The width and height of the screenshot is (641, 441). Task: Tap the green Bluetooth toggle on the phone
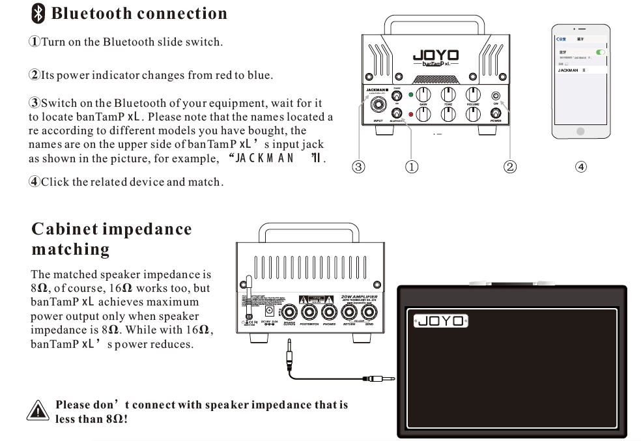pos(600,52)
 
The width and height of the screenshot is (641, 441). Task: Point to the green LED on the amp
pos(410,94)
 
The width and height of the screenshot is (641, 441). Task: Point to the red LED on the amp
pos(410,115)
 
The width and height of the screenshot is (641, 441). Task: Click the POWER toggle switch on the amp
pos(495,113)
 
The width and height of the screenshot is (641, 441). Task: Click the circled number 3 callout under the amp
pos(358,167)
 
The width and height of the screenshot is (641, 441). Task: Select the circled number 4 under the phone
pos(581,167)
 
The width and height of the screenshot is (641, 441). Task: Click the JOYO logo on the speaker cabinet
pos(441,320)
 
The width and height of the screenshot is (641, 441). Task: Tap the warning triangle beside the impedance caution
pos(38,411)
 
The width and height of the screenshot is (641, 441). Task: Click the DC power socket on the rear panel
pos(270,311)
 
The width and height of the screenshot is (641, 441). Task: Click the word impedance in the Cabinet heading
pos(148,229)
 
